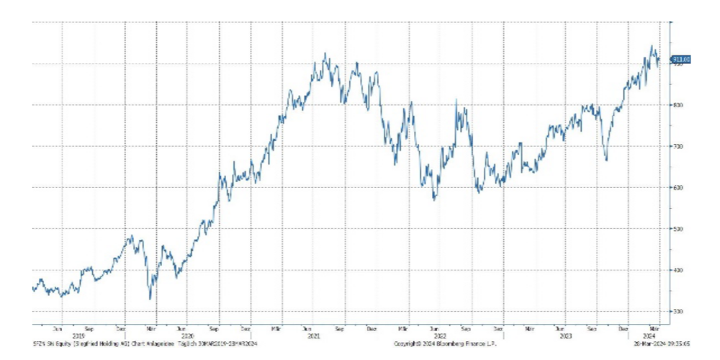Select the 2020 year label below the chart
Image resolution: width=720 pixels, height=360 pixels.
(188, 335)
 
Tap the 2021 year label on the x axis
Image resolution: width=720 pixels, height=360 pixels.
(313, 335)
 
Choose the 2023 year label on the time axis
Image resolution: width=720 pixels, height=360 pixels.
(565, 335)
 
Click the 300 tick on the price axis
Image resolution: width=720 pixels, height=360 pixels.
(678, 312)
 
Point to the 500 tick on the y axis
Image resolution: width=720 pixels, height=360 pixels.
(678, 229)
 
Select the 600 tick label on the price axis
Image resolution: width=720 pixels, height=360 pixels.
(678, 188)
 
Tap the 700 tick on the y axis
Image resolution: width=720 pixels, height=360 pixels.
(678, 147)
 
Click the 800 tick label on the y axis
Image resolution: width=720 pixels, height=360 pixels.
(678, 106)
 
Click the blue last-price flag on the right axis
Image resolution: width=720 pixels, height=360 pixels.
(681, 59)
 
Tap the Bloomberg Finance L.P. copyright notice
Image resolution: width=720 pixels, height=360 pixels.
(446, 344)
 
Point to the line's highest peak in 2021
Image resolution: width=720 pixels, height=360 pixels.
(325, 53)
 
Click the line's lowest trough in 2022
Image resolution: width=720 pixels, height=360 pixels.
(434, 199)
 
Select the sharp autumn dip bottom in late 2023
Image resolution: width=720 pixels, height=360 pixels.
(606, 161)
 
